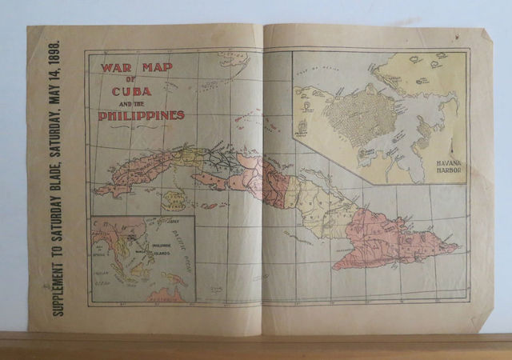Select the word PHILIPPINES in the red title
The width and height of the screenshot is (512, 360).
coord(141,115)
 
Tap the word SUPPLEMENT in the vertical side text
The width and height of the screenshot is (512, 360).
coord(58,276)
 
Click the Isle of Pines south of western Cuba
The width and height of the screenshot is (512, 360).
coord(174,199)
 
